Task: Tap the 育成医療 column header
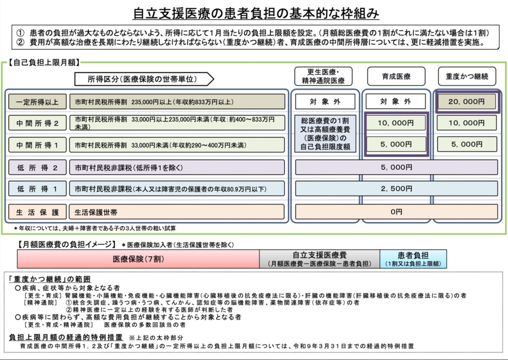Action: click(396, 76)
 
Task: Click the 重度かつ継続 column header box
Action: click(466, 76)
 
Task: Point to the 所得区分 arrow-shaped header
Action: click(144, 78)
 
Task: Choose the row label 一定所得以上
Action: click(37, 102)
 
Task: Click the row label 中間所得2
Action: click(37, 123)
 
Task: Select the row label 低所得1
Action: click(37, 189)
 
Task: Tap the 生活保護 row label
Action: click(37, 212)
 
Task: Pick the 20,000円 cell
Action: click(466, 102)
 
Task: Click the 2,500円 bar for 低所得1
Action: click(396, 189)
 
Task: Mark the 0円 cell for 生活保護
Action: click(396, 212)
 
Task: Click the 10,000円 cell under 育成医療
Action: click(396, 123)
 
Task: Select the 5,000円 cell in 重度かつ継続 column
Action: click(466, 144)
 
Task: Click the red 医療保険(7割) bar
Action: click(138, 259)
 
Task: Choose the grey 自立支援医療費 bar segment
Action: click(319, 259)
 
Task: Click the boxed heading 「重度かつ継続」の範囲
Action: click(50, 279)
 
